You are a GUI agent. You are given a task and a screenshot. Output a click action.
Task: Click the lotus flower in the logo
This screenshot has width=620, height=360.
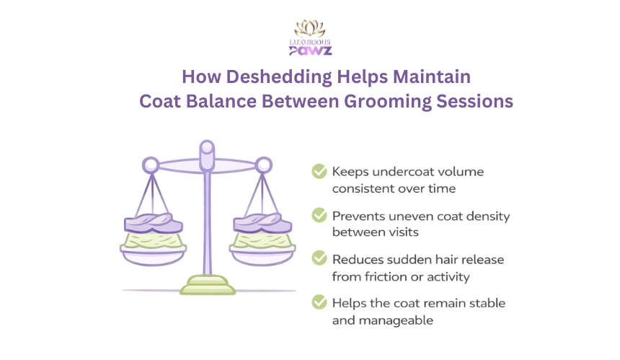(x=310, y=28)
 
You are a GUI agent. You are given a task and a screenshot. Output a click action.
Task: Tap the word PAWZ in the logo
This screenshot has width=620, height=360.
(x=311, y=51)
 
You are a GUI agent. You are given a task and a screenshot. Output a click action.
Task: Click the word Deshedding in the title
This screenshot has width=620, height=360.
(x=279, y=77)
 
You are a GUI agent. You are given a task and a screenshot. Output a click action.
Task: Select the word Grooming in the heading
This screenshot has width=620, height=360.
(x=388, y=102)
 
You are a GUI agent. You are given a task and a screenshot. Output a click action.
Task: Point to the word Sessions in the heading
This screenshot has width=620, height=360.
(x=475, y=101)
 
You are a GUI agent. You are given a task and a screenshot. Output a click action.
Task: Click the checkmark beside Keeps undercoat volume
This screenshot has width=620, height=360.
(x=319, y=171)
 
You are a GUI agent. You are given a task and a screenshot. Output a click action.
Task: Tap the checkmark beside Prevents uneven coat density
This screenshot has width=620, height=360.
(x=319, y=215)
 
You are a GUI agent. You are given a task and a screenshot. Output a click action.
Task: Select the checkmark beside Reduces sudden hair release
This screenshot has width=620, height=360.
(x=319, y=258)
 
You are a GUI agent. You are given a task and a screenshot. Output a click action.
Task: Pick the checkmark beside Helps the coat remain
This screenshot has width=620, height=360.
(x=319, y=302)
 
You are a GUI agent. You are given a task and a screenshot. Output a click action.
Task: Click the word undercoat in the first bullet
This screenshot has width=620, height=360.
(x=402, y=172)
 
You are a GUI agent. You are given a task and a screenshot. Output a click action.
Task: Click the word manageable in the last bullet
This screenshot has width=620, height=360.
(x=396, y=320)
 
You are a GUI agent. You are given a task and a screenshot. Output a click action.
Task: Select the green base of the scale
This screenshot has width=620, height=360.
(x=208, y=286)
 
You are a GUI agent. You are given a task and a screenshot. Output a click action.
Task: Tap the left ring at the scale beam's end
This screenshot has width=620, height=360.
(x=151, y=165)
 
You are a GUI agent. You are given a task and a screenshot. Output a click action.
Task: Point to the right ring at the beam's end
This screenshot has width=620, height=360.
(x=263, y=165)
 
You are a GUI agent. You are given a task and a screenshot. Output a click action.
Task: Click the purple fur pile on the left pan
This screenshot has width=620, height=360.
(x=154, y=223)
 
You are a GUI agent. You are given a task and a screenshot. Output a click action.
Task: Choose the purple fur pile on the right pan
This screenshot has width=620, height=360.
(x=262, y=223)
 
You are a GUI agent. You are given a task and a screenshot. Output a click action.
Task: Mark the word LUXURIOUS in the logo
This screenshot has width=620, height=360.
(x=310, y=43)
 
